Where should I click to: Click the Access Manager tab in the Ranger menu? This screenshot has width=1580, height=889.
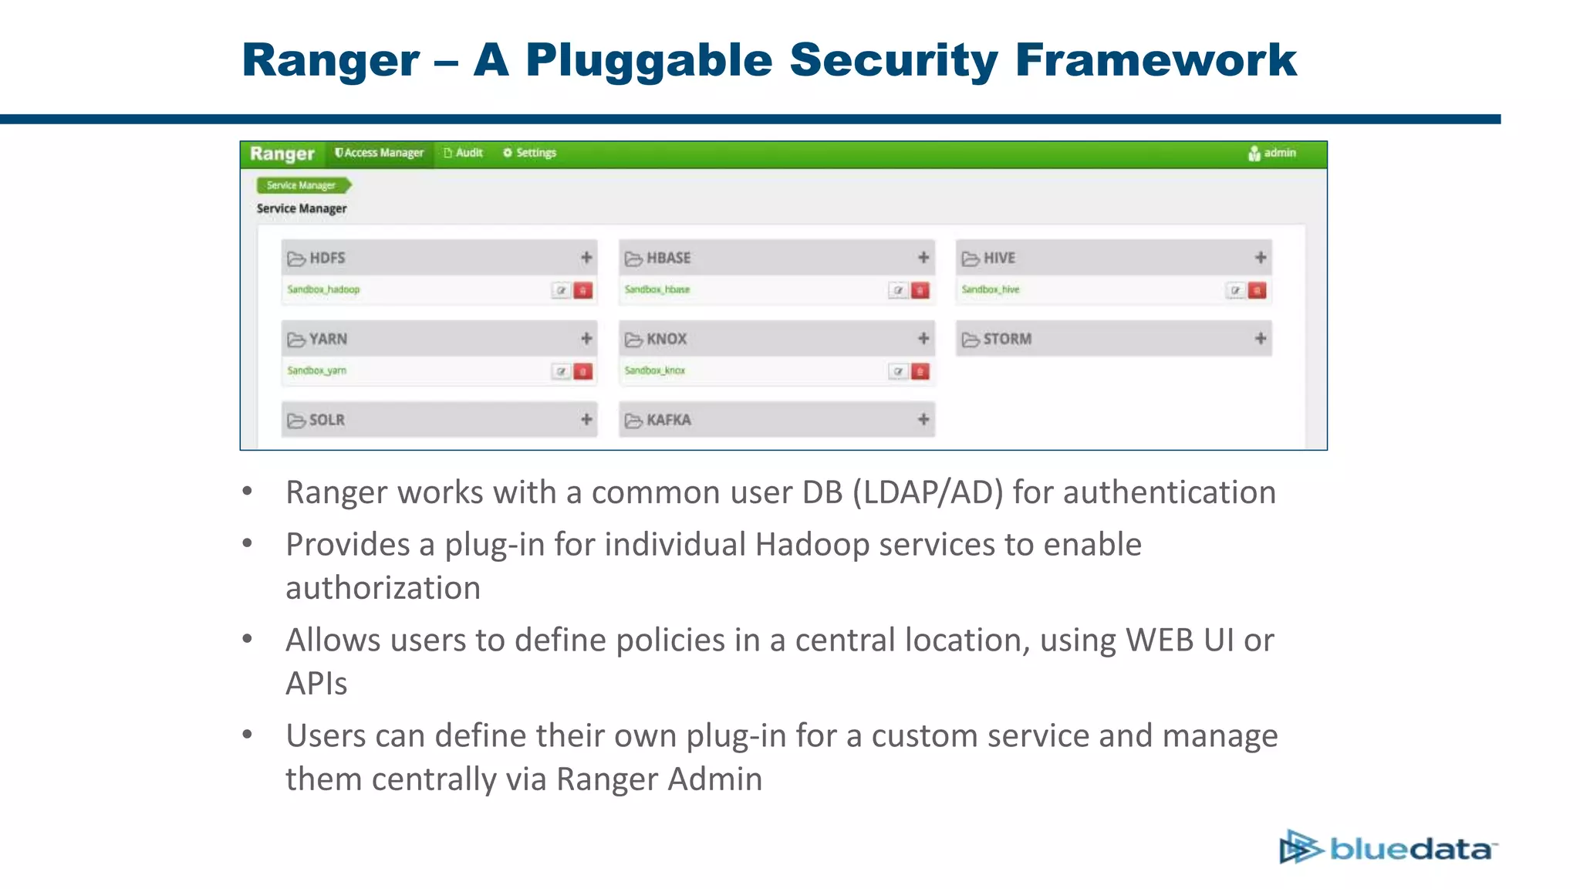380,153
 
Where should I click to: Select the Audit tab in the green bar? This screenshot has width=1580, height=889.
464,153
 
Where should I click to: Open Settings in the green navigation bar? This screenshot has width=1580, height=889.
530,153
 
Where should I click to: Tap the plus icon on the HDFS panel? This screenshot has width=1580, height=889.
586,258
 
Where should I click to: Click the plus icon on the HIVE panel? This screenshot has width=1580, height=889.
1261,258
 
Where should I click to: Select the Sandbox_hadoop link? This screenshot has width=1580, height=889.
323,289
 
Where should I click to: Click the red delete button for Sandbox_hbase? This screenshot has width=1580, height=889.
920,290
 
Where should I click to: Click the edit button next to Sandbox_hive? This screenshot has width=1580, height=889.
1236,290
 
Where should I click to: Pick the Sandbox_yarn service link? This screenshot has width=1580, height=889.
317,370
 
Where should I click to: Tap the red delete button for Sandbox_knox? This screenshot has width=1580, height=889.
920,371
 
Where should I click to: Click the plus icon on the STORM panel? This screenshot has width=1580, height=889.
1261,339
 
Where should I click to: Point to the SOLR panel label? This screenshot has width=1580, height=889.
326,420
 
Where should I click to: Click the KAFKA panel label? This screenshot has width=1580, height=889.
668,420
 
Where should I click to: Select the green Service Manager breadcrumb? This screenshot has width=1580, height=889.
302,185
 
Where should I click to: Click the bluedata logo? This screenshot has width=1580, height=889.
1388,847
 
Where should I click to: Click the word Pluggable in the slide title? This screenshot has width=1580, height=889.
649,60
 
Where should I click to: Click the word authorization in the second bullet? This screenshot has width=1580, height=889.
383,588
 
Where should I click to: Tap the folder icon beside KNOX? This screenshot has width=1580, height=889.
633,340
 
